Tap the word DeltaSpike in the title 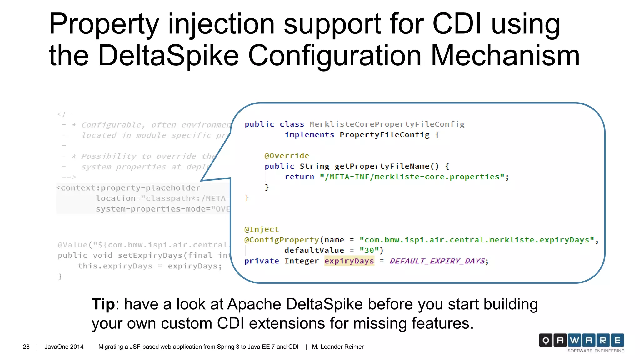[168, 56]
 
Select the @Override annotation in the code [287, 156]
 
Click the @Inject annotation [261, 229]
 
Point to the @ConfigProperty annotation [282, 240]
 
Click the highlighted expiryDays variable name [349, 261]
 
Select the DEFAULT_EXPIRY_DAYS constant [437, 261]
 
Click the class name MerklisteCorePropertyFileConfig [387, 124]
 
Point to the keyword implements [309, 135]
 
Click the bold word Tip [103, 304]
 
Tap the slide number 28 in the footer [26, 347]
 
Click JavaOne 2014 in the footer [64, 347]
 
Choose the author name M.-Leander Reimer [337, 347]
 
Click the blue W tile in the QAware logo [574, 340]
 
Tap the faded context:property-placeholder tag [130, 188]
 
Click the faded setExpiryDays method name [150, 256]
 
